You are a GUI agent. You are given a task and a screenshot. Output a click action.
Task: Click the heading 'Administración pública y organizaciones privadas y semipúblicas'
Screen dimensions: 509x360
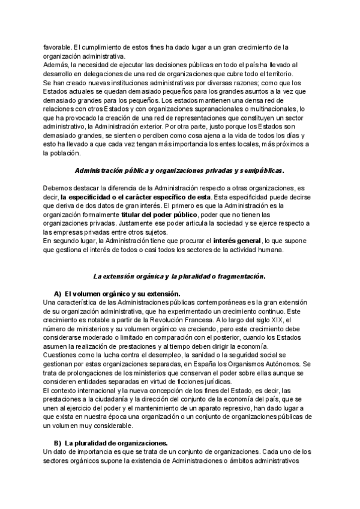(x=179, y=170)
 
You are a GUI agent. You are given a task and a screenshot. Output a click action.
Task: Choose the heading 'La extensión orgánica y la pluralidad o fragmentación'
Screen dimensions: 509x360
(x=179, y=277)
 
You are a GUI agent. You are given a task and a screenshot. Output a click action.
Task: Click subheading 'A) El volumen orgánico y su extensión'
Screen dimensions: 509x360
(x=117, y=294)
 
